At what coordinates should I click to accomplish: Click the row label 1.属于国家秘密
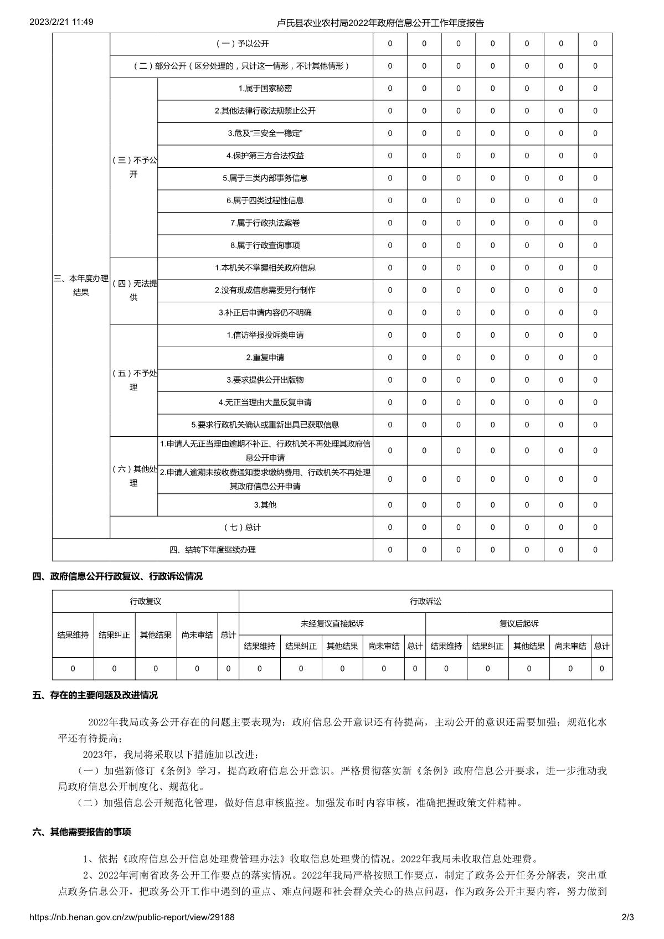(x=265, y=89)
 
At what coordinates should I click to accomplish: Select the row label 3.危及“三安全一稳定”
(x=265, y=133)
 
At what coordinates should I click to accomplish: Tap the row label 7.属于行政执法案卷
(x=265, y=223)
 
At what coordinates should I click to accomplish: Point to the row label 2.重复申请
(x=265, y=358)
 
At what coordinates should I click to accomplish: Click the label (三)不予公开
(x=133, y=167)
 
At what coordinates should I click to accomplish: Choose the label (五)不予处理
(x=133, y=380)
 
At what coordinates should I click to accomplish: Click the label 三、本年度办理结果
(x=81, y=286)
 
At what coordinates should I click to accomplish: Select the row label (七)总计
(x=242, y=528)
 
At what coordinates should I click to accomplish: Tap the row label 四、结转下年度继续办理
(x=213, y=550)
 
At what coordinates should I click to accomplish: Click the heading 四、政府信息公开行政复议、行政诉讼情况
(x=117, y=576)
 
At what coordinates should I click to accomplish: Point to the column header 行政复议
(x=146, y=601)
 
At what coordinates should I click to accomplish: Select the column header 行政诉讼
(x=425, y=601)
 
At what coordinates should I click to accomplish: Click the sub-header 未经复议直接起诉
(x=332, y=624)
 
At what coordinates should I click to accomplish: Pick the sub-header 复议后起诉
(x=519, y=624)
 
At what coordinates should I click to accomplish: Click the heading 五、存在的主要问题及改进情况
(x=95, y=695)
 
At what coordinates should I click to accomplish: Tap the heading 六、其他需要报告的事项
(x=82, y=832)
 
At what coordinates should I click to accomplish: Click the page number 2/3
(x=627, y=917)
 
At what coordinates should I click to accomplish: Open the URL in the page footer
(x=132, y=917)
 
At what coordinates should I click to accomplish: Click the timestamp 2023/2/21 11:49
(x=61, y=22)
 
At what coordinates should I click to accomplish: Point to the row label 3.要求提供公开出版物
(x=265, y=380)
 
